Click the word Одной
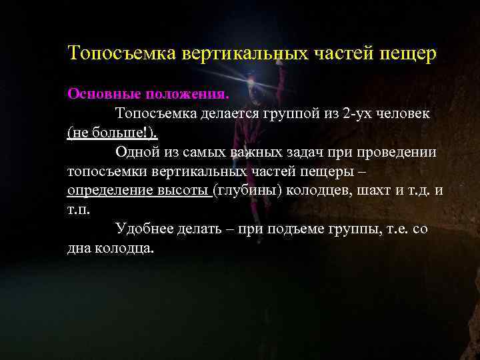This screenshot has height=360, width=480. point(135,151)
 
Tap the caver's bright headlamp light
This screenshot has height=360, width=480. point(249,79)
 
